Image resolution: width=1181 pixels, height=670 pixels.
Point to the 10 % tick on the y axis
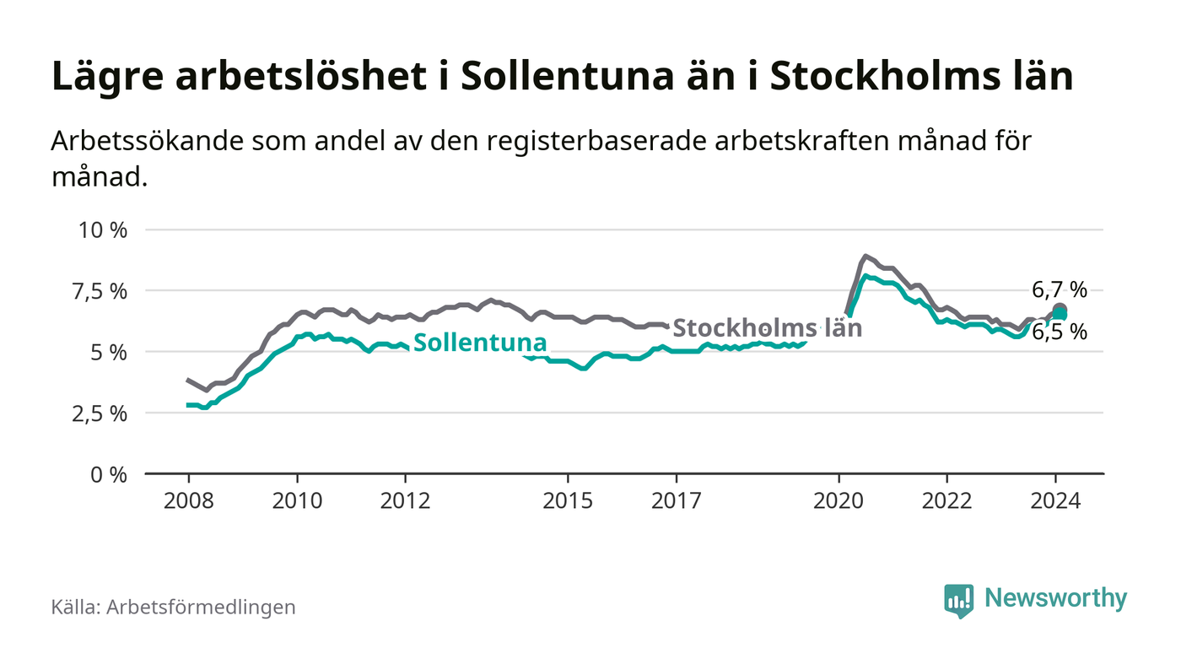[x=103, y=230]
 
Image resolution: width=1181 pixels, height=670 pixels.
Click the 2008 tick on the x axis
[x=188, y=500]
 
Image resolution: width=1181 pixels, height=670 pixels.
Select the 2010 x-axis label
[x=297, y=500]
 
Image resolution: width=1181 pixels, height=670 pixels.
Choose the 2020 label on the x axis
[x=839, y=500]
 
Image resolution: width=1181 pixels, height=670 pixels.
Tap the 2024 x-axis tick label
[x=1056, y=500]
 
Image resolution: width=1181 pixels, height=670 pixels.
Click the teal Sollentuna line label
[x=479, y=343]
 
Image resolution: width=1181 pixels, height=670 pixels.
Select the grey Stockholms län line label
[x=768, y=327]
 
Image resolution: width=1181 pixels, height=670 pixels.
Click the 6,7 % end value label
[x=1060, y=290]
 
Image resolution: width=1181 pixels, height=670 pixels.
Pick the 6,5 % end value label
[x=1060, y=332]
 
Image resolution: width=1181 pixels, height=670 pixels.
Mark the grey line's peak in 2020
[x=866, y=256]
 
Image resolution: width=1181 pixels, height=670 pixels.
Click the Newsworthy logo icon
[x=958, y=600]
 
